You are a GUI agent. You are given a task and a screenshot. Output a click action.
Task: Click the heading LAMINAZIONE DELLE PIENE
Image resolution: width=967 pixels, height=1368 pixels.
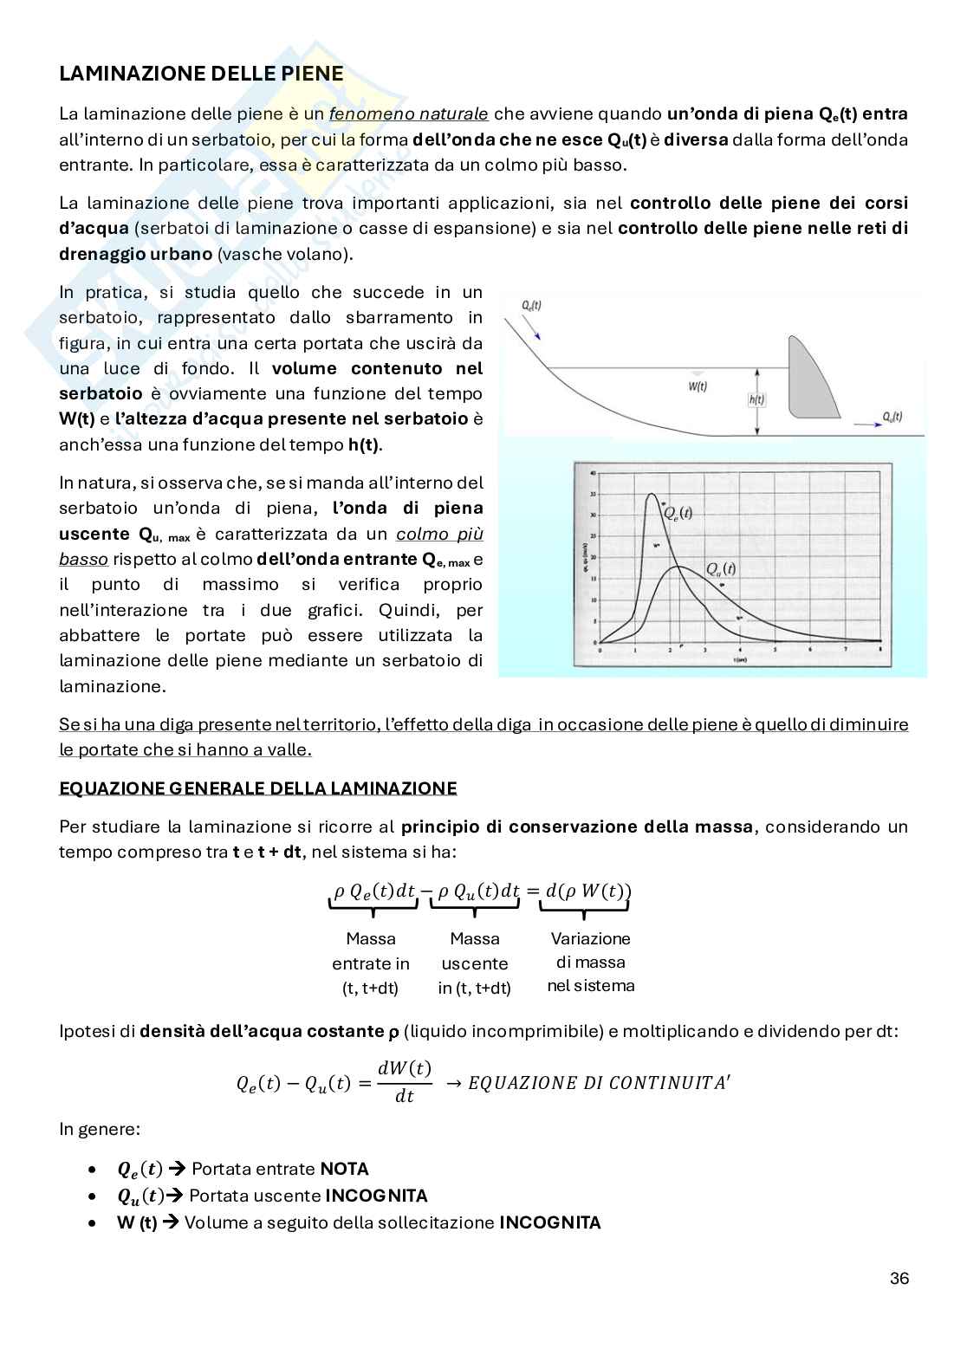pos(201,75)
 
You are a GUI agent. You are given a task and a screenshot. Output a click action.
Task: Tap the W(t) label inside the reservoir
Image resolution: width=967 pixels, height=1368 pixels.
pos(698,387)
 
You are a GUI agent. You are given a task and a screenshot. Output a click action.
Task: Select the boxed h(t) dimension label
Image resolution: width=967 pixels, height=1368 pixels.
pos(756,399)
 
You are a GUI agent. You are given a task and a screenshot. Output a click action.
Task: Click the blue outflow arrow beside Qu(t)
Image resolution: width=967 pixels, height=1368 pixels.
pos(865,425)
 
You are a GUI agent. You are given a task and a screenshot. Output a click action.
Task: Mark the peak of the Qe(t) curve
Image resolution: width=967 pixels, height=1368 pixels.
pos(652,494)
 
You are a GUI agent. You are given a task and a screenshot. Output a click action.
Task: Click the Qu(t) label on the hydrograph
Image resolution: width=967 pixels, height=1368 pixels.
pos(720,569)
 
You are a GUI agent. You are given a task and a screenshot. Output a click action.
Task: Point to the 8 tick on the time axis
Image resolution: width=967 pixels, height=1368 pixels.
pos(880,650)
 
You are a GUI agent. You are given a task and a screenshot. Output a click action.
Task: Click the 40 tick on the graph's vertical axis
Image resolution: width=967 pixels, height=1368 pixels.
pos(593,474)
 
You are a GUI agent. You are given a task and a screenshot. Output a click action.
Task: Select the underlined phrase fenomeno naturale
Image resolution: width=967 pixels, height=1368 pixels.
pos(409,113)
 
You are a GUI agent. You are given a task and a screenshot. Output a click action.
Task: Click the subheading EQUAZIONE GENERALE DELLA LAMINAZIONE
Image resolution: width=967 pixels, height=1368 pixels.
pos(257,788)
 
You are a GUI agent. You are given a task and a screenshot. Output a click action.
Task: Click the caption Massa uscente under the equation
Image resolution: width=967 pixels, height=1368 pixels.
pos(475,951)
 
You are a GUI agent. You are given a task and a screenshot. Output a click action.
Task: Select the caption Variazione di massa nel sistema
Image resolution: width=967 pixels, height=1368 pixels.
pos(591,962)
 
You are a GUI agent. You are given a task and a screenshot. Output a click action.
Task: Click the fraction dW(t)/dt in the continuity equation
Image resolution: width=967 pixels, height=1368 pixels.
pos(405,1081)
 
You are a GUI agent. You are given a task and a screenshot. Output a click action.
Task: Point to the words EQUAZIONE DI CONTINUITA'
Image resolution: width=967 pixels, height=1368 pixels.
pos(599,1083)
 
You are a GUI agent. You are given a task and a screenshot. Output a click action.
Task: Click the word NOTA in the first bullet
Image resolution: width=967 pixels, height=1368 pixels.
pos(344,1169)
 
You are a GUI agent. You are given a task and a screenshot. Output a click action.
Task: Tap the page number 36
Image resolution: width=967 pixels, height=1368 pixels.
pos(899,1279)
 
